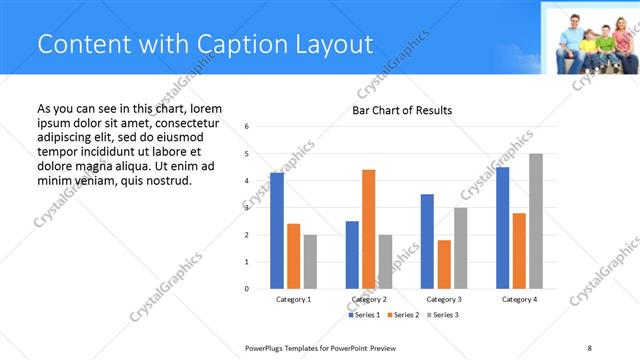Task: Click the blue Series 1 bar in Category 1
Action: (x=277, y=231)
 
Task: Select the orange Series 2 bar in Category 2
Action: (x=368, y=229)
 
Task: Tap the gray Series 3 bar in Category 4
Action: (x=536, y=221)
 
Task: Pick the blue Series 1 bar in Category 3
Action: (x=427, y=241)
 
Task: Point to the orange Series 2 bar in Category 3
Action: (x=444, y=264)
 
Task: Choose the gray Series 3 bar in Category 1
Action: (x=310, y=262)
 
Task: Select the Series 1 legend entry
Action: (x=365, y=315)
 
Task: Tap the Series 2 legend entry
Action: (x=404, y=315)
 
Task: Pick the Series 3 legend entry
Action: (x=443, y=315)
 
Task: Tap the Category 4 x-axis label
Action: (x=519, y=299)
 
